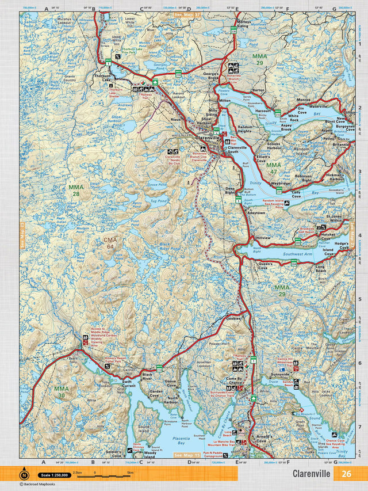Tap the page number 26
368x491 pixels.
point(346,474)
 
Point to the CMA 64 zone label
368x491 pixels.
point(110,243)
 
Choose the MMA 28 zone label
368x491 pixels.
point(76,191)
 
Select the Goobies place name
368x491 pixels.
point(233,318)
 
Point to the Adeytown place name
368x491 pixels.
point(256,212)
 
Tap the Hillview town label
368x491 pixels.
point(263,238)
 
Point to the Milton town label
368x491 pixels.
point(224,100)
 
